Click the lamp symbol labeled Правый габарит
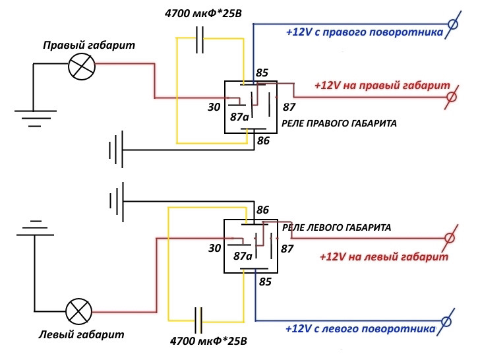click(x=82, y=67)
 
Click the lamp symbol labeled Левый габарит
click(x=79, y=311)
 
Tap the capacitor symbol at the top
click(x=200, y=40)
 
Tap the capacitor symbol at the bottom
click(x=198, y=320)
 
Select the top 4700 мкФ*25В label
click(x=203, y=14)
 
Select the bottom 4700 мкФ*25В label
click(x=208, y=341)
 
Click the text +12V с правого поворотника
click(x=365, y=32)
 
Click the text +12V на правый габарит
click(x=382, y=85)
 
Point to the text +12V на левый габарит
click(x=384, y=256)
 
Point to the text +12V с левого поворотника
click(x=361, y=328)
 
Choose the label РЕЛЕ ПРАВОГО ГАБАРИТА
click(x=339, y=123)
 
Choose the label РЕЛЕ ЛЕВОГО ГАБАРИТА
click(x=336, y=227)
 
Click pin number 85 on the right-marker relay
click(x=262, y=73)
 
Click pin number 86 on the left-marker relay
click(x=263, y=210)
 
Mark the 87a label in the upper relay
click(x=239, y=117)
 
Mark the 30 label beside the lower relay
click(x=215, y=248)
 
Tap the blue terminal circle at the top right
click(x=453, y=24)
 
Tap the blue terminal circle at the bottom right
click(x=446, y=321)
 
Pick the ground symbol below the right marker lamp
click(x=36, y=118)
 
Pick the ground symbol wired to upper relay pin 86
click(x=116, y=150)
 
